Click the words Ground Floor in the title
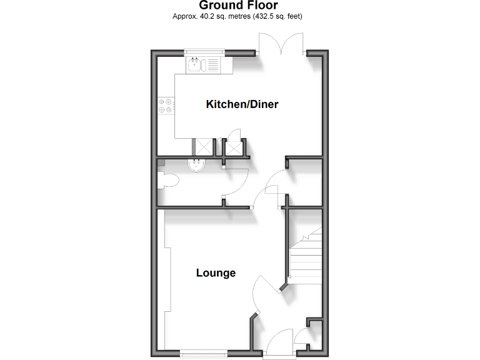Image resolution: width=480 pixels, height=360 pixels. tap(238, 6)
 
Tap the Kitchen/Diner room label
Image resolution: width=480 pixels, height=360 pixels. tap(242, 104)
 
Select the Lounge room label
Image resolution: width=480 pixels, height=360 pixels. tap(216, 273)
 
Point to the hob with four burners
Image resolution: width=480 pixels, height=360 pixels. tap(166, 105)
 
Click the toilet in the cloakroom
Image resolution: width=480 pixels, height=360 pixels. tap(169, 181)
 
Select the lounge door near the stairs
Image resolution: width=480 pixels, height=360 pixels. tap(265, 290)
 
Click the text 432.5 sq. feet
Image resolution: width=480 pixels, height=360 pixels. tap(281, 16)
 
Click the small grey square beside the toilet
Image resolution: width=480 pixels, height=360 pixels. tap(161, 162)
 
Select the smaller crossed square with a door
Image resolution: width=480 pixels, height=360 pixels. tap(233, 148)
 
